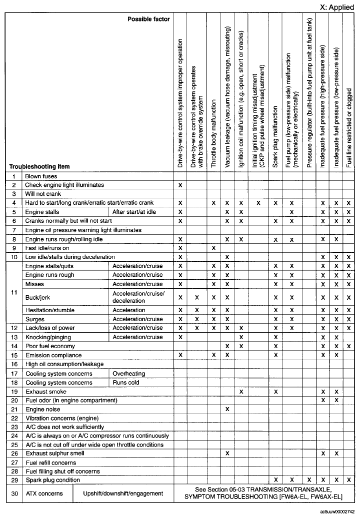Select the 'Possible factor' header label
tap(148, 19)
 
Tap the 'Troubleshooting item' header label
tap(39, 166)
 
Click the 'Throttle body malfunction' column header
tap(213, 134)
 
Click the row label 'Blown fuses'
tap(41, 176)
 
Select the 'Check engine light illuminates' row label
tap(64, 185)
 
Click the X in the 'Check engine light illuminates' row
tap(180, 185)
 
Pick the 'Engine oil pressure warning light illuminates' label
tap(83, 230)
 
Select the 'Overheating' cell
tap(129, 374)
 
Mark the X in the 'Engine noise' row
tap(227, 409)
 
